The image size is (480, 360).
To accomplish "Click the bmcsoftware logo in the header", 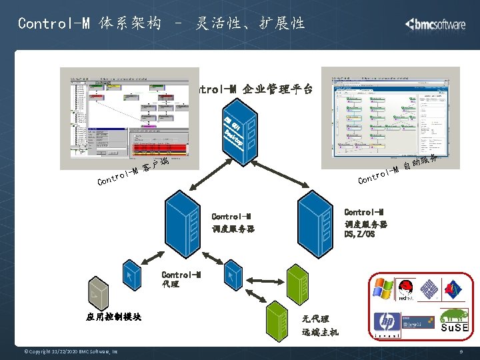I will pyautogui.click(x=435, y=24).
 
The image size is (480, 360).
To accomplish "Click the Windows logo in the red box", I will pyautogui.click(x=383, y=289).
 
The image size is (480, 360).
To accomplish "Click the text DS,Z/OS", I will pyautogui.click(x=359, y=234).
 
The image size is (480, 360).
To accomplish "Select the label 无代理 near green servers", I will pyautogui.click(x=315, y=319).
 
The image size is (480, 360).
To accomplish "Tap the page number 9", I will pyautogui.click(x=461, y=351).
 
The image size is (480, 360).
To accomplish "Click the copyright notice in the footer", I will pyautogui.click(x=71, y=351).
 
